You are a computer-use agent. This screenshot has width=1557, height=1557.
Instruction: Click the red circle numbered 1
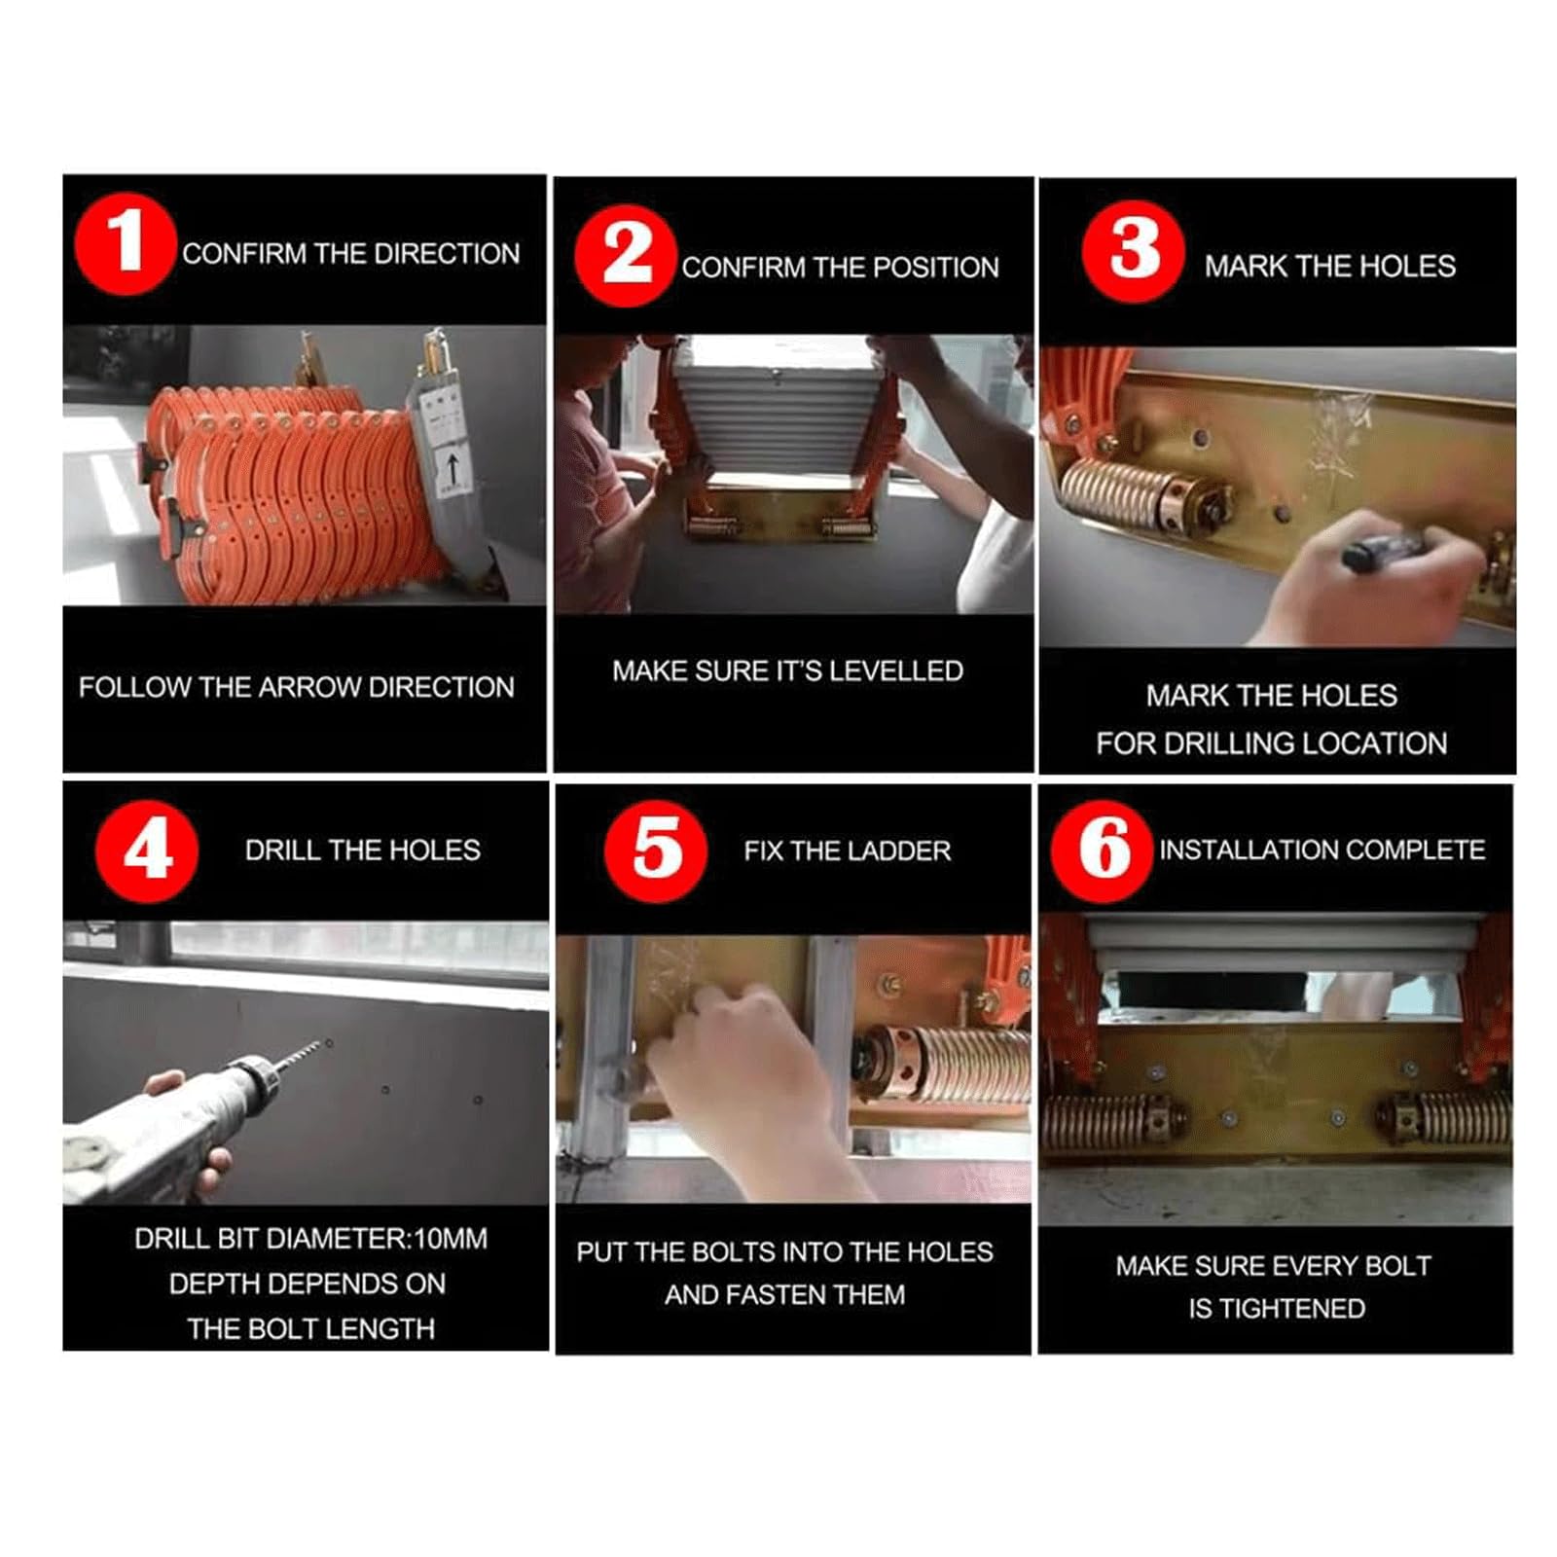[x=126, y=243]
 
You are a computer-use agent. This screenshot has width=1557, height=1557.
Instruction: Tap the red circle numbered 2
[x=626, y=256]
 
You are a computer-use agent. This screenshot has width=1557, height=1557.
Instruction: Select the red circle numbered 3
[x=1133, y=251]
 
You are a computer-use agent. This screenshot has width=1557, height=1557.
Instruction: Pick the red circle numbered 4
[x=147, y=851]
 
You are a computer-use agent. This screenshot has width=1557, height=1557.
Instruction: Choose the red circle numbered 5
[x=656, y=851]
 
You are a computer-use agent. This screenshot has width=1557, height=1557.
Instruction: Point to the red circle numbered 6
[x=1102, y=851]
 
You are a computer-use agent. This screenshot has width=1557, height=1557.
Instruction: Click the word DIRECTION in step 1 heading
[x=447, y=254]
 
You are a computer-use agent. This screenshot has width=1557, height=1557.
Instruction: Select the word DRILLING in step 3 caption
[x=1229, y=744]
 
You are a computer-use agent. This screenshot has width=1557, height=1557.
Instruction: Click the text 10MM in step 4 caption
[x=451, y=1239]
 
